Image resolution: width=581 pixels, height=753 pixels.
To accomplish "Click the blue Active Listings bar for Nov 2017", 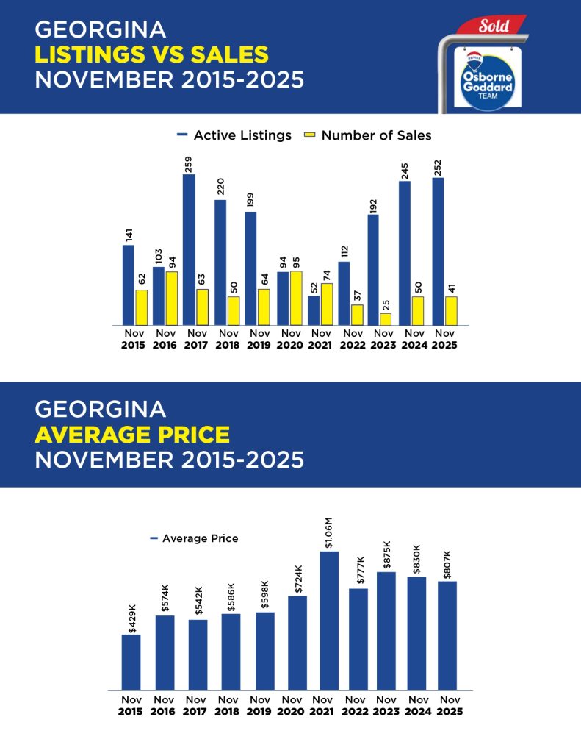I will [x=189, y=250].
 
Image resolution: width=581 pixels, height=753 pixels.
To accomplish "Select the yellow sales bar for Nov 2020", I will [x=296, y=298].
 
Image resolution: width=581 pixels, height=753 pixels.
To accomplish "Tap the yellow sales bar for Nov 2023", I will [x=386, y=319].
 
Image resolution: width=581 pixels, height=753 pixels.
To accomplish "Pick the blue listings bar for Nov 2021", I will [x=314, y=310].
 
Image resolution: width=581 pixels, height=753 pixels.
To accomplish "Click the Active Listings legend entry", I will [x=234, y=135].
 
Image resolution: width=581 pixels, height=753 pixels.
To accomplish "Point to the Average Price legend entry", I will [x=194, y=538].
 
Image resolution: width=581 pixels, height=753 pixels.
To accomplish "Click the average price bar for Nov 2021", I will [x=329, y=621].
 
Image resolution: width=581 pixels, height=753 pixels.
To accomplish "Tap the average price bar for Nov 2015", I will [x=131, y=662].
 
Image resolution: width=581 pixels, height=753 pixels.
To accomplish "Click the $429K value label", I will [x=132, y=618].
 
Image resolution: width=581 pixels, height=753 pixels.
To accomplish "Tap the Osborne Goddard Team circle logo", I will [x=483, y=78].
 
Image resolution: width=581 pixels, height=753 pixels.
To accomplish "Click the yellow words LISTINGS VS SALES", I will [x=152, y=54].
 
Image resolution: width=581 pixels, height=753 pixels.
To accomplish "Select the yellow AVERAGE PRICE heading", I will [x=132, y=435].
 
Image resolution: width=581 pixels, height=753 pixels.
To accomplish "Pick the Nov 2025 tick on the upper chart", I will [x=445, y=339].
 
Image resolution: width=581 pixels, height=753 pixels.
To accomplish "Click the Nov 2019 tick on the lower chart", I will [x=260, y=705].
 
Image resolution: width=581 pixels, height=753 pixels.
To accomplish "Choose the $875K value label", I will [x=386, y=554].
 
